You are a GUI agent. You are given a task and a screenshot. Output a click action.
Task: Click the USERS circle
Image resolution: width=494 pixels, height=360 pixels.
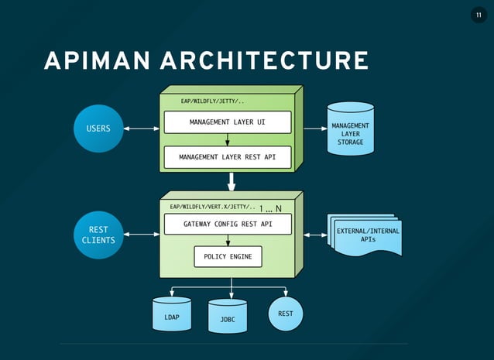pos(98,129)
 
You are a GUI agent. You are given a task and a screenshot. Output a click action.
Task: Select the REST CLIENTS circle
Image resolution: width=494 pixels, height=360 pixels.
pos(98,235)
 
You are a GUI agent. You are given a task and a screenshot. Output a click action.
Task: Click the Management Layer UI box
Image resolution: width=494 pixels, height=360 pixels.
pos(227,122)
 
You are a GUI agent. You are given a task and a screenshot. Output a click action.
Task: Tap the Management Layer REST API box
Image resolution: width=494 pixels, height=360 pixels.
pos(227,157)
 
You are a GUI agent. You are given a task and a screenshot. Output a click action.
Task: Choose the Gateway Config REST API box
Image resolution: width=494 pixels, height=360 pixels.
pos(227,225)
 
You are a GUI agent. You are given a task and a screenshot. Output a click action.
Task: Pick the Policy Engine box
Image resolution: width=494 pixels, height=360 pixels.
pos(227,256)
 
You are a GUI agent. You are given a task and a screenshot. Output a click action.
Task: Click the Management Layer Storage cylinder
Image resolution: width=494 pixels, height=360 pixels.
pos(350,129)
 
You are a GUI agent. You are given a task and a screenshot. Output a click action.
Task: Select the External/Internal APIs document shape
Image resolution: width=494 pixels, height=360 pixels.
pos(366,235)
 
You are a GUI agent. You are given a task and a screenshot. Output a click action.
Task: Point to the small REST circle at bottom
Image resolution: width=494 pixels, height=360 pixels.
pos(286,314)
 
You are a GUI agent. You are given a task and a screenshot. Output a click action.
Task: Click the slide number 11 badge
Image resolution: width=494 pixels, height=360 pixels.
pos(478,16)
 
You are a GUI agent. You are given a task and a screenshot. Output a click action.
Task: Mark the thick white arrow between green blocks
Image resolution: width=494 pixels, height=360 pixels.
pos(231,182)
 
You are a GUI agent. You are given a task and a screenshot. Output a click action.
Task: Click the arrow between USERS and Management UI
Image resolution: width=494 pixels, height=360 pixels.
pos(141,129)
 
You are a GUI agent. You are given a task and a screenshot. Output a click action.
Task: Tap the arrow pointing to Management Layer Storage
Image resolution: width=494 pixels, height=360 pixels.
pos(313,129)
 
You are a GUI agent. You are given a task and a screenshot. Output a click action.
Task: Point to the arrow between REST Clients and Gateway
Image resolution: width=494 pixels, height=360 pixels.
pos(141,234)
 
